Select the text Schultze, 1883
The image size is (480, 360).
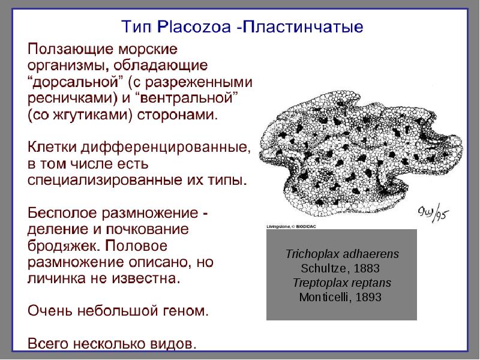(341, 268)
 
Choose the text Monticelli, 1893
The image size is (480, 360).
(341, 297)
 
